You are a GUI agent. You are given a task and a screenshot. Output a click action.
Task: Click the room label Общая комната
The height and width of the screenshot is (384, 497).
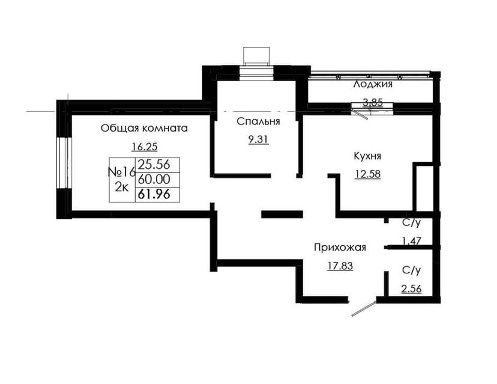144,128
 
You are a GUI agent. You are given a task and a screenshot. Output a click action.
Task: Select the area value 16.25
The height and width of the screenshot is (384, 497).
144,146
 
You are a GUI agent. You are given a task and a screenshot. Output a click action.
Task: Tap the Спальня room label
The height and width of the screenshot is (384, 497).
258,121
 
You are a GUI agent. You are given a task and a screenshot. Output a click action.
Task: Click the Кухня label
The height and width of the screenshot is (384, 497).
367,156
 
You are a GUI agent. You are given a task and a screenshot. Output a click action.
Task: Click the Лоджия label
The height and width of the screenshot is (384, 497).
373,84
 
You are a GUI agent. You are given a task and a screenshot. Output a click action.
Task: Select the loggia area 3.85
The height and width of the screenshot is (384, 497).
372,102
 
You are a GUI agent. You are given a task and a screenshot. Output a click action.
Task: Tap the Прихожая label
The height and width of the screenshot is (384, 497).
340,247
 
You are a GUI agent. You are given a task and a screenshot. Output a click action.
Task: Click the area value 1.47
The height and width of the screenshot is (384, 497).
411,241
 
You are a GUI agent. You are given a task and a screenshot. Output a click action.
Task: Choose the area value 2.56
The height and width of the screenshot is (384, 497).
411,288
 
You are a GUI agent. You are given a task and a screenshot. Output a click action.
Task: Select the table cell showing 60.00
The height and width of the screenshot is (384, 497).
154,179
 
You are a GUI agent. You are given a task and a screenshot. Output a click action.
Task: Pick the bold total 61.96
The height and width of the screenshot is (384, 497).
154,194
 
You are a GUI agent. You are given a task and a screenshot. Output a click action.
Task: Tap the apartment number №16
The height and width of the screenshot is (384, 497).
121,172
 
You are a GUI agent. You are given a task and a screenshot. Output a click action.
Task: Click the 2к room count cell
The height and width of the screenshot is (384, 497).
121,187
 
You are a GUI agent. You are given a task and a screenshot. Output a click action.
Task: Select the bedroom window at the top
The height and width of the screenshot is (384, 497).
256,74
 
